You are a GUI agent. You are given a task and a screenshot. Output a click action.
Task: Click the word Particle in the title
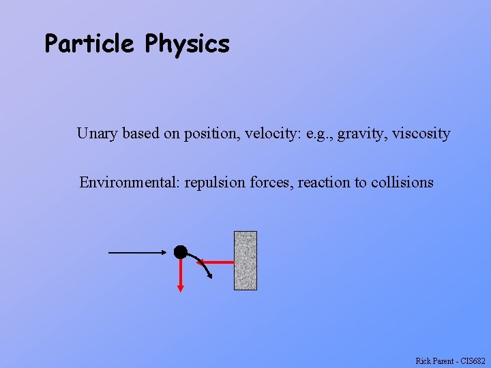89,44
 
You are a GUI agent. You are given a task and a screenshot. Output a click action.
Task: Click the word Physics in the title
187,45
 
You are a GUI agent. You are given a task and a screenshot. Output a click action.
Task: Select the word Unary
98,134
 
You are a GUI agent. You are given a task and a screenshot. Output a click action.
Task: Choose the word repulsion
216,183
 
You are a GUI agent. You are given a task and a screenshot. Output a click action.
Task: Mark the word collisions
402,183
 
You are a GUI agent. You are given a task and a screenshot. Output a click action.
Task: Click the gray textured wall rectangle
245,260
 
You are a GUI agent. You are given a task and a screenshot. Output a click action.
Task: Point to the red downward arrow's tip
181,289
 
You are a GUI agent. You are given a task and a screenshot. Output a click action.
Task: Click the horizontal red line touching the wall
220,261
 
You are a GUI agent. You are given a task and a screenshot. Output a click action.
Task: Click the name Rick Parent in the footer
433,361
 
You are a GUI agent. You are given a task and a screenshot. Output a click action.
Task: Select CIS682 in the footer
473,361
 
